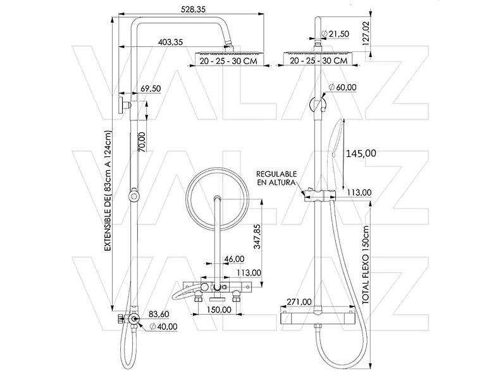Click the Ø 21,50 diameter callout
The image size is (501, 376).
pos(335,33)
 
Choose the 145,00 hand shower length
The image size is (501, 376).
pos(361,153)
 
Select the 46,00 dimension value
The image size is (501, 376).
pos(234,259)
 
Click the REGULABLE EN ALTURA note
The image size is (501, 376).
pos(276,177)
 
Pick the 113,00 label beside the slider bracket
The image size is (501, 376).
pos(359,193)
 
